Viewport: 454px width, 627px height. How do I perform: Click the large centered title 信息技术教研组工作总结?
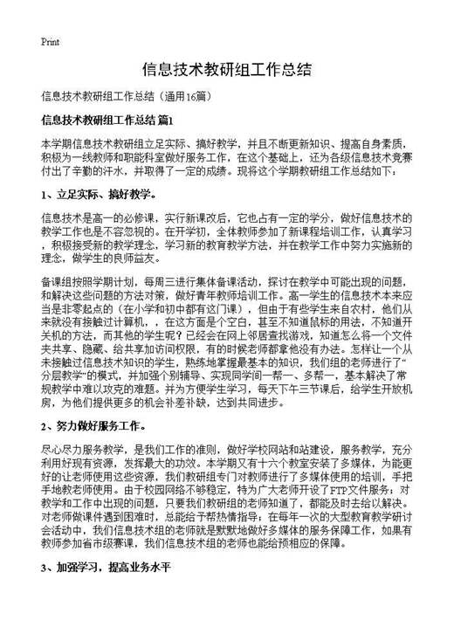(x=227, y=68)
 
